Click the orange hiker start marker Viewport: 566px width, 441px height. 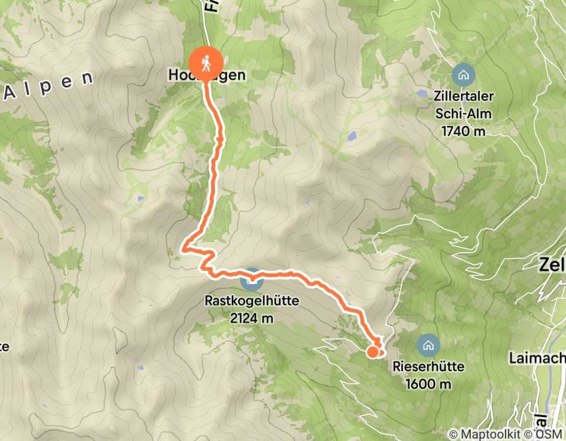point(205,63)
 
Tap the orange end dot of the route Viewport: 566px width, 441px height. point(373,352)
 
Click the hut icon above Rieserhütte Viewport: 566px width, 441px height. point(428,345)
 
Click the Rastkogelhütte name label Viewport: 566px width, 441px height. point(251,302)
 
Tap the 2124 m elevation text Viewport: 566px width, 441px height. point(251,318)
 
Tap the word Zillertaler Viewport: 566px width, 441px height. point(463,98)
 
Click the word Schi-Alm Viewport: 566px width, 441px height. point(463,114)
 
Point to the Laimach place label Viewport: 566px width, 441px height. point(536,358)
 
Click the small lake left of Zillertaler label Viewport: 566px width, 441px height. point(421,94)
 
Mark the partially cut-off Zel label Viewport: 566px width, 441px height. point(552,265)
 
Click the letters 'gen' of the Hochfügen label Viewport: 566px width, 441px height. point(231,75)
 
